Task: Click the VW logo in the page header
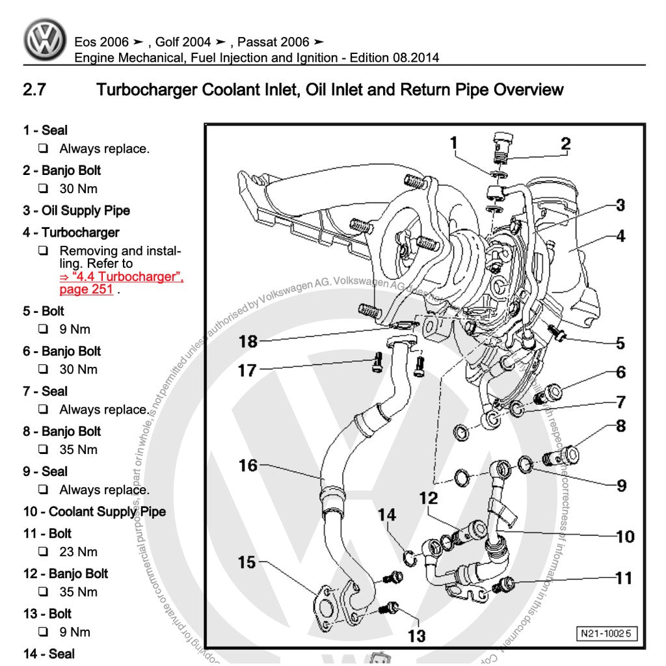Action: (45, 40)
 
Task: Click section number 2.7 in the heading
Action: (34, 90)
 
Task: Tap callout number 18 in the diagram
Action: (248, 341)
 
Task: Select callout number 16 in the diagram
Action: (248, 466)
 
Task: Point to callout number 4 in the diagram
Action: (620, 235)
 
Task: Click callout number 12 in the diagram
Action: (429, 499)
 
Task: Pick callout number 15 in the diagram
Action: (246, 561)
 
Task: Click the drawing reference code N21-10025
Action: (606, 633)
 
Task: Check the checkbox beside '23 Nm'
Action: (43, 552)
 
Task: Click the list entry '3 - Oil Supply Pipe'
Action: (77, 211)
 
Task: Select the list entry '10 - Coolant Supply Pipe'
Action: (94, 512)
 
